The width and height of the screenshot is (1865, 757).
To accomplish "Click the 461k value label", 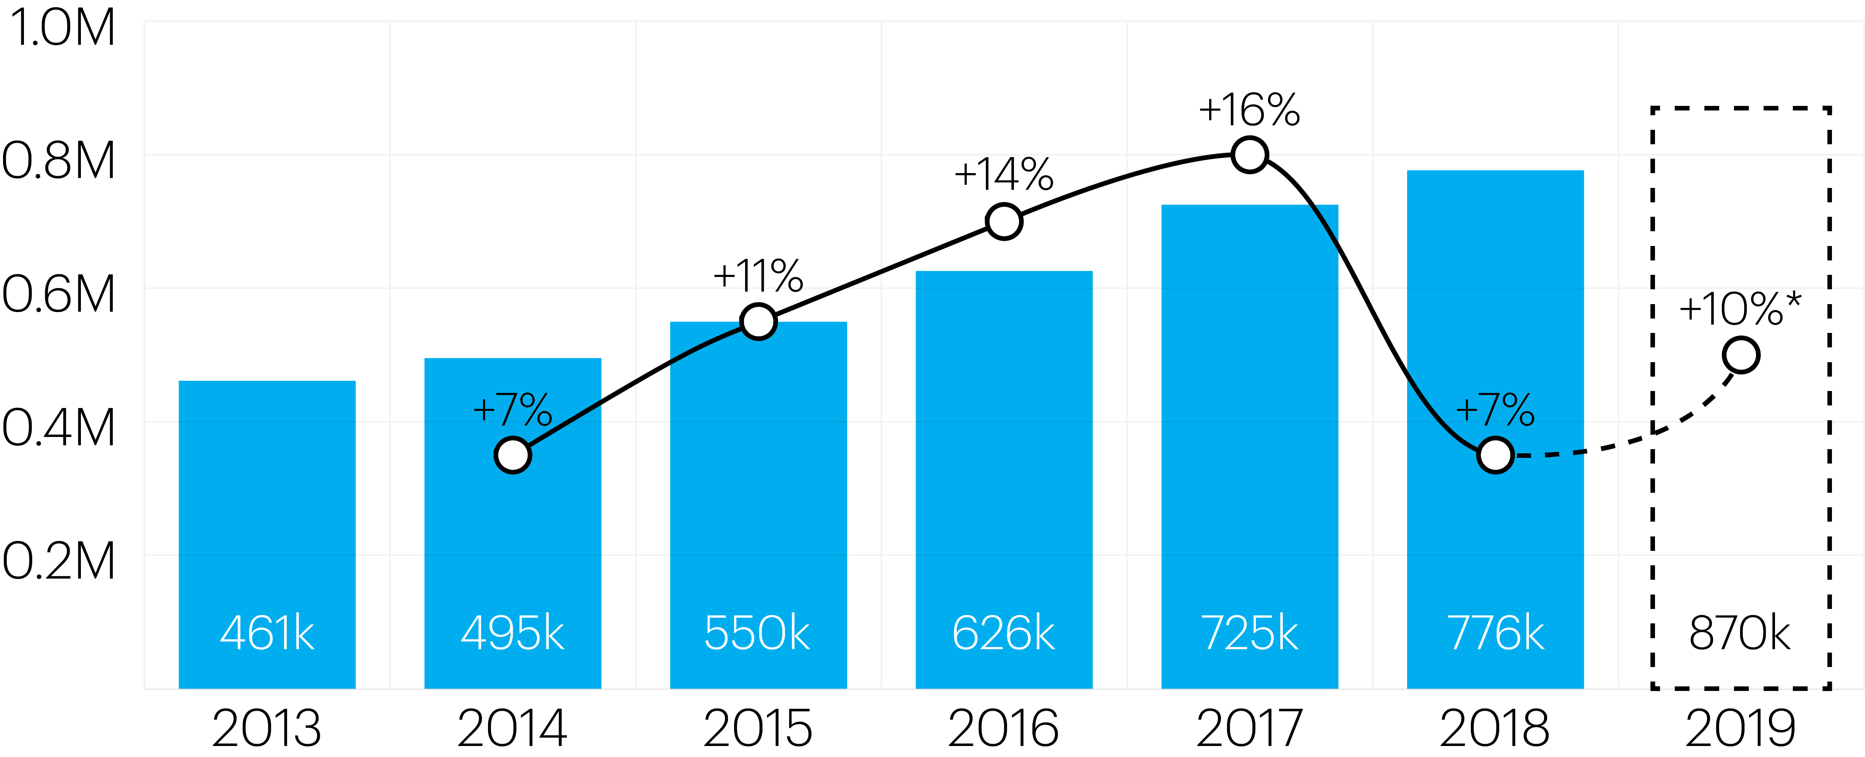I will [267, 633].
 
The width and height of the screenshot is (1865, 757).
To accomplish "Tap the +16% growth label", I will [1250, 111].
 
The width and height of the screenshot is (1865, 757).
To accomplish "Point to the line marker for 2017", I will [1250, 155].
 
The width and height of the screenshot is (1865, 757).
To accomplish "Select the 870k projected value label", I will [1740, 633].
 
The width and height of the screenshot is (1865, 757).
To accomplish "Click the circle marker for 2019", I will [1740, 355].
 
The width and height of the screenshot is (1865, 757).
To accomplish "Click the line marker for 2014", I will [513, 455].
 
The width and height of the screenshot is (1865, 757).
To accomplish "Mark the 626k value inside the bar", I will [1003, 633].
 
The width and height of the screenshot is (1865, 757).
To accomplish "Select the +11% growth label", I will [758, 276].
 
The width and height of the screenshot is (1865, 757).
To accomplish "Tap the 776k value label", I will [1495, 633].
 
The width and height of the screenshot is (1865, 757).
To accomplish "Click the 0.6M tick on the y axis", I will [59, 295].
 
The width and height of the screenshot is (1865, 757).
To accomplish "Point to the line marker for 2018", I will [1495, 455].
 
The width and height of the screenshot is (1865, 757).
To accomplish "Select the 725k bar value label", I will [1250, 633].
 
